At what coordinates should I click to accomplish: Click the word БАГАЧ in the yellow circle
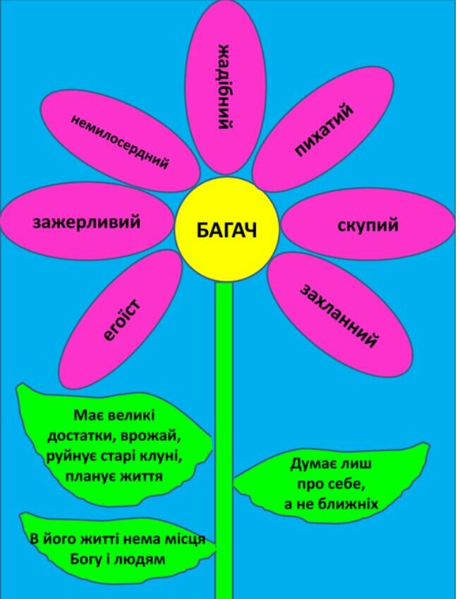point(227,230)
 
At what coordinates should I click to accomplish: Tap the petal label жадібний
point(224,87)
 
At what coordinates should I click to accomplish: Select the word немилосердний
point(119,141)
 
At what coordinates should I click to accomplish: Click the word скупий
point(368,225)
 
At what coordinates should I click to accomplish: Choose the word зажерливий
point(87,222)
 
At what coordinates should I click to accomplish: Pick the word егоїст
point(122,320)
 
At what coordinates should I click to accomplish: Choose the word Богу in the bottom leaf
point(85,559)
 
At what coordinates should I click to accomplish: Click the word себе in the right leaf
point(343,485)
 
